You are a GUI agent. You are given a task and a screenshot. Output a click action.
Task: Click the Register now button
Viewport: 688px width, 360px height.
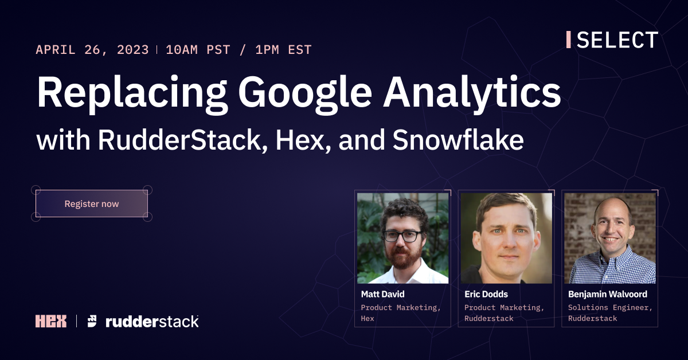coord(92,204)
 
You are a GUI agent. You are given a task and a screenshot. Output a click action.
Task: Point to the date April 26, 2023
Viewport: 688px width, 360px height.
coord(92,50)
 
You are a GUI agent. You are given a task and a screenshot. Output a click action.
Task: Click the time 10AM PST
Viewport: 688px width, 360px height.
coord(198,50)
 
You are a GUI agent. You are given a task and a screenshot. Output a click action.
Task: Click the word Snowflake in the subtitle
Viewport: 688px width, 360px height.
coord(458,141)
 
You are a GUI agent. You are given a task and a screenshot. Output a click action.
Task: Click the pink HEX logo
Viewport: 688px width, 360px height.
coord(51,321)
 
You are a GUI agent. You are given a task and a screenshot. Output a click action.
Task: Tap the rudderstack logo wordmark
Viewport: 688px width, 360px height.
coord(152,321)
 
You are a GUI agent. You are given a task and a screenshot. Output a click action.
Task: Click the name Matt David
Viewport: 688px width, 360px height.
coord(382,294)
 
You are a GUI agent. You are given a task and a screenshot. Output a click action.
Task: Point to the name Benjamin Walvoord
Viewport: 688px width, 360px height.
coord(607,294)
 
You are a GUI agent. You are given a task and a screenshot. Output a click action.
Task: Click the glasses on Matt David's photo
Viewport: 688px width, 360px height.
coord(402,236)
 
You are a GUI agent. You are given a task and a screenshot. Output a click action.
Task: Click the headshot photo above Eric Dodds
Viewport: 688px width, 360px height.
coord(506,237)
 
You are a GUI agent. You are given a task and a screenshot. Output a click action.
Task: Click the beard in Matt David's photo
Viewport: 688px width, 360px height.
coord(402,257)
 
